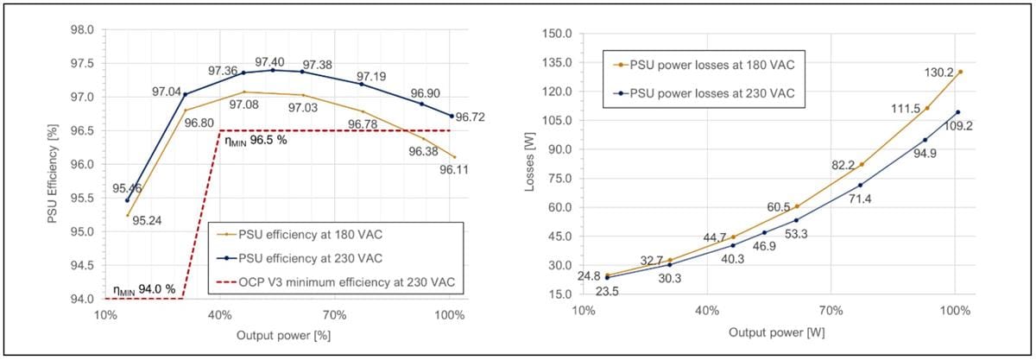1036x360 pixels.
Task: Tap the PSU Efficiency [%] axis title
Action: click(54, 164)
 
